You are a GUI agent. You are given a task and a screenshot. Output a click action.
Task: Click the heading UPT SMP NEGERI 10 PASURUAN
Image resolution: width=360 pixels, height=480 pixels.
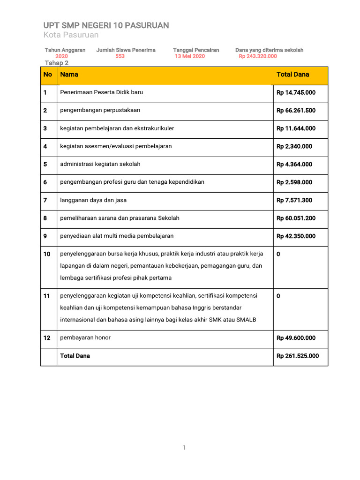(106, 25)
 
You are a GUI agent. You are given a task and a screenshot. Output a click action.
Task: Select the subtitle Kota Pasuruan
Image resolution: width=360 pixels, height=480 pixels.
(71, 35)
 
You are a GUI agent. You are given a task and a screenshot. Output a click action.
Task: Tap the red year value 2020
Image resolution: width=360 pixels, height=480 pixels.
(61, 56)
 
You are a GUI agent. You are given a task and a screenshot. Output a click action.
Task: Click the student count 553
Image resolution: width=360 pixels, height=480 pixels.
(120, 56)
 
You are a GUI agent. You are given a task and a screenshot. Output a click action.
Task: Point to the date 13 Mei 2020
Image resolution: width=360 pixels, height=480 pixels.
(190, 56)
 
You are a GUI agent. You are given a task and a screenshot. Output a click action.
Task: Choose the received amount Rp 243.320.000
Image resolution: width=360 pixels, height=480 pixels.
(258, 56)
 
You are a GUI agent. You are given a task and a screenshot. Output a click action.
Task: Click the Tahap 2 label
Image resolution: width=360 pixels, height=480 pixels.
(57, 63)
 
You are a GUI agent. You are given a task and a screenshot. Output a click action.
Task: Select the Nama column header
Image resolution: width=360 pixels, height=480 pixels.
(69, 75)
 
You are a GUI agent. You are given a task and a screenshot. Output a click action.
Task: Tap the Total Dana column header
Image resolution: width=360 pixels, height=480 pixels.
(293, 75)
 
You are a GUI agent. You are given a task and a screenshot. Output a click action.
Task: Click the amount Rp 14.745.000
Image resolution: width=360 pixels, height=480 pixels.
(296, 93)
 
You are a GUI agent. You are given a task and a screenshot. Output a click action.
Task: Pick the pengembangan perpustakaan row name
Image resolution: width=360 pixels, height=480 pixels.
(100, 110)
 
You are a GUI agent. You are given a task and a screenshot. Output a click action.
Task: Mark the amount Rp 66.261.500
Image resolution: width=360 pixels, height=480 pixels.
(296, 111)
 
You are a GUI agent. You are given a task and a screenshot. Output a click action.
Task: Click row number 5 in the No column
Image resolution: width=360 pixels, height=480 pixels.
(45, 165)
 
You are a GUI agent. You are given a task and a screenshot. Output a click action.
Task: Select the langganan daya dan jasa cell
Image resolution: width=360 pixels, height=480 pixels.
(93, 200)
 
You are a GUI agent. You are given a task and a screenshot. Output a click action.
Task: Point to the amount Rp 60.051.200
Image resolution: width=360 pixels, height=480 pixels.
(296, 218)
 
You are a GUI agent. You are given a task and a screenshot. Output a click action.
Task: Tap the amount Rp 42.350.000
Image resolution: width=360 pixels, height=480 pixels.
(296, 236)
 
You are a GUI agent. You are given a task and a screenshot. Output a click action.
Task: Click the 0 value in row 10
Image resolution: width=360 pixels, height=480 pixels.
(279, 254)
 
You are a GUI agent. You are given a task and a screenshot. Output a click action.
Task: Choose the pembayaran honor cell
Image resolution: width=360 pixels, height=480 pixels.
(85, 337)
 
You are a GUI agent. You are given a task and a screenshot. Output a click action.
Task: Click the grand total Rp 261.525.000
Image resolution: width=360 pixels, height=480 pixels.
(298, 356)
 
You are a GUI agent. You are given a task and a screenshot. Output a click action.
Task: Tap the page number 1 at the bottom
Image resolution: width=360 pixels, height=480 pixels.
(184, 448)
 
